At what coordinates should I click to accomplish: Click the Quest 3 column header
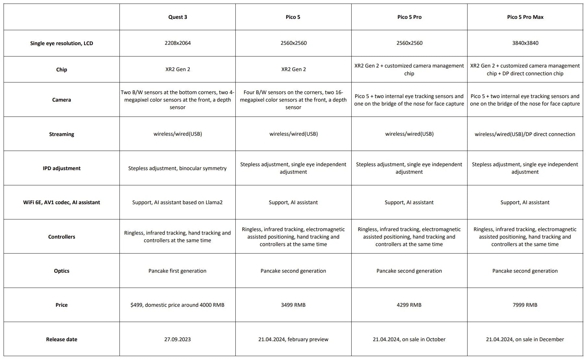click(177, 17)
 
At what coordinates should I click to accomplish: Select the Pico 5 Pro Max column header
click(525, 17)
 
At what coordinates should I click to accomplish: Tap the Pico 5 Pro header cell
click(409, 17)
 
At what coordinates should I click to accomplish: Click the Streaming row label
click(61, 134)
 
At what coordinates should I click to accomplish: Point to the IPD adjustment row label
click(61, 168)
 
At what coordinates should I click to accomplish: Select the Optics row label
click(61, 271)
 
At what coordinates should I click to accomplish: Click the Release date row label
click(61, 339)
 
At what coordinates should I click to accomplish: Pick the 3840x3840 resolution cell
click(525, 43)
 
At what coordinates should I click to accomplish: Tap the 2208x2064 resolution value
click(177, 43)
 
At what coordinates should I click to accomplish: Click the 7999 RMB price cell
click(525, 305)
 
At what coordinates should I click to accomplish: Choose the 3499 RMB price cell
click(293, 305)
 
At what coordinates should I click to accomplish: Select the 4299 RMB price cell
click(409, 305)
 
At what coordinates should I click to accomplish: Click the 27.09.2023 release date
click(177, 339)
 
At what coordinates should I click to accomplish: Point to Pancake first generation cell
click(177, 271)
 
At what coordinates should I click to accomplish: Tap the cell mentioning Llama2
click(177, 202)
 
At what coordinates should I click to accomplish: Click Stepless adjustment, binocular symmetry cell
click(177, 168)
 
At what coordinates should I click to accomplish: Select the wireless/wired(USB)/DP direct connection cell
click(525, 134)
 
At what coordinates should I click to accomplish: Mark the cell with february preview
click(293, 339)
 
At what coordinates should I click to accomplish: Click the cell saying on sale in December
click(525, 339)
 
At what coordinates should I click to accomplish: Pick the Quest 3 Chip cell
click(177, 69)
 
